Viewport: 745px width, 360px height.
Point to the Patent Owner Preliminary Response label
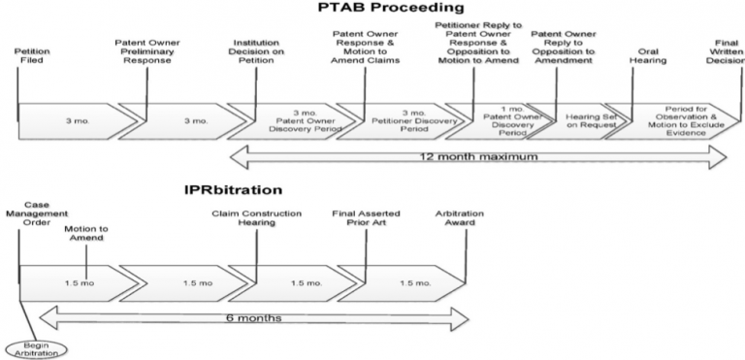(x=146, y=51)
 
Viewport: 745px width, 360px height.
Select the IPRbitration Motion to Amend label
(x=86, y=233)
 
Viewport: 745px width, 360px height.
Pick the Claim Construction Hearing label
(x=256, y=218)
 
